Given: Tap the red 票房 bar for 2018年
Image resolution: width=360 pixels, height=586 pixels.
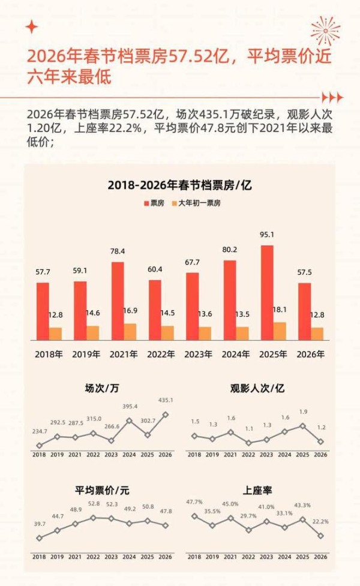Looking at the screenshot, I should tap(43, 311).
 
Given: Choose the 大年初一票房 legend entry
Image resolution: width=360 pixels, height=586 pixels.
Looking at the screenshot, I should tap(196, 203).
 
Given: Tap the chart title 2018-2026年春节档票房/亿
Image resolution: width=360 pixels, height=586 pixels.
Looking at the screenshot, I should tap(179, 185).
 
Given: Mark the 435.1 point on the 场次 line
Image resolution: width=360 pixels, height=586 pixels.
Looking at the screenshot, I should tap(165, 414).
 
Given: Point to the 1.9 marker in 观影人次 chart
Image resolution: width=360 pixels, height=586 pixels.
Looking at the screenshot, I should tap(303, 426).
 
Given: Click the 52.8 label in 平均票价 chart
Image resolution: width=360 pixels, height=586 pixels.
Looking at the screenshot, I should tap(93, 503).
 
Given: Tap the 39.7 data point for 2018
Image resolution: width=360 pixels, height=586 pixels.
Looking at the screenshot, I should tap(39, 538).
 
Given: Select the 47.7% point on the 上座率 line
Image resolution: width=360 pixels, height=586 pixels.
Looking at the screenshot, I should tap(194, 515).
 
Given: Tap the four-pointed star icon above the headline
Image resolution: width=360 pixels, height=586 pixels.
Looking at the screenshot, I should tap(32, 27).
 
